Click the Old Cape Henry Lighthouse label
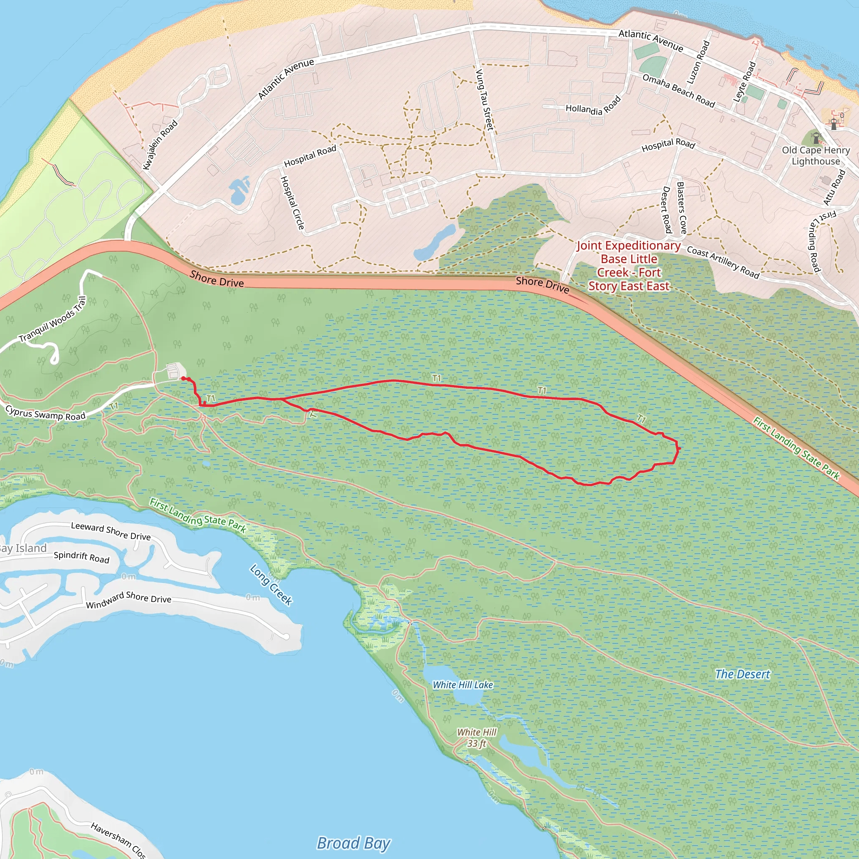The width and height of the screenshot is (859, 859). click(x=815, y=156)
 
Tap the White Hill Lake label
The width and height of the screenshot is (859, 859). click(x=463, y=685)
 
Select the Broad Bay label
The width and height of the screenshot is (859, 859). click(x=354, y=843)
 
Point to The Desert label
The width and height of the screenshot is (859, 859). click(x=742, y=674)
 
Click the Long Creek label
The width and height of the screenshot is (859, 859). click(x=271, y=585)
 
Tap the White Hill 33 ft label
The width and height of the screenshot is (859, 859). click(x=476, y=738)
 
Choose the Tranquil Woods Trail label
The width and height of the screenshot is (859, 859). click(x=52, y=320)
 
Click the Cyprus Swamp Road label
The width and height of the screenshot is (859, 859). click(x=45, y=413)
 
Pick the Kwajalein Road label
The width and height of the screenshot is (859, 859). click(x=160, y=145)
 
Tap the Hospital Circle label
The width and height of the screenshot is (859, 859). click(x=292, y=203)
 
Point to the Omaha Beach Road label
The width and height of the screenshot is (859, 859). click(x=679, y=91)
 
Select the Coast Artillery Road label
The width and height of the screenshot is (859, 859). click(x=723, y=262)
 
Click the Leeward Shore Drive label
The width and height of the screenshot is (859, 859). click(x=111, y=531)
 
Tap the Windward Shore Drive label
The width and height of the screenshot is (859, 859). click(x=128, y=600)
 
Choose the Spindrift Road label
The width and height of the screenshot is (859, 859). click(x=81, y=557)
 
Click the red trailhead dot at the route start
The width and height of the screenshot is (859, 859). click(x=184, y=378)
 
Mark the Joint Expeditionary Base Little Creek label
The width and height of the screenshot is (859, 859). click(x=628, y=266)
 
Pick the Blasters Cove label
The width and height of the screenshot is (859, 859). click(x=681, y=208)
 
